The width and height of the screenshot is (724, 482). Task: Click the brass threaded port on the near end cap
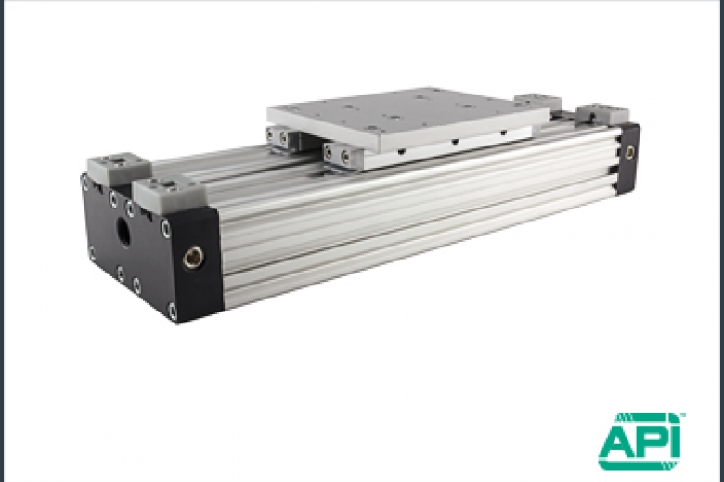tap(193, 257)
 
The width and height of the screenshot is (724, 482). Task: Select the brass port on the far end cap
tap(630, 151)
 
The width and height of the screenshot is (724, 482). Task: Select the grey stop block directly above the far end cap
tap(601, 113)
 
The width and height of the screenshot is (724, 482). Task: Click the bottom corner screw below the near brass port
tap(173, 311)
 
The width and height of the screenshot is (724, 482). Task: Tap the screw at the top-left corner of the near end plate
tap(86, 183)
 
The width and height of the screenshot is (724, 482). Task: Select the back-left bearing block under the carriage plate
tap(281, 137)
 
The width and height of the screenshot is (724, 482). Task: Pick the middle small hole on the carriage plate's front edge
tap(454, 142)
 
